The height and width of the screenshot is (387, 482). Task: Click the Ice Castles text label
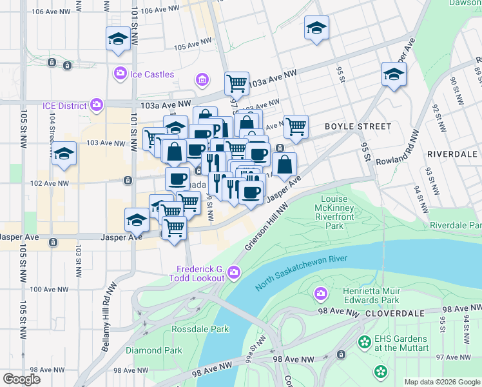152,74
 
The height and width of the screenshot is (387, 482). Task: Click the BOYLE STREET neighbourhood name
358,126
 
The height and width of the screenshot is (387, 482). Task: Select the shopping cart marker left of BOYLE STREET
296,126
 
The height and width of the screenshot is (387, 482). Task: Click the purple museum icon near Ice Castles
202,80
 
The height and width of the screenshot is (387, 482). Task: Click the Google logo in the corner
22,379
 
